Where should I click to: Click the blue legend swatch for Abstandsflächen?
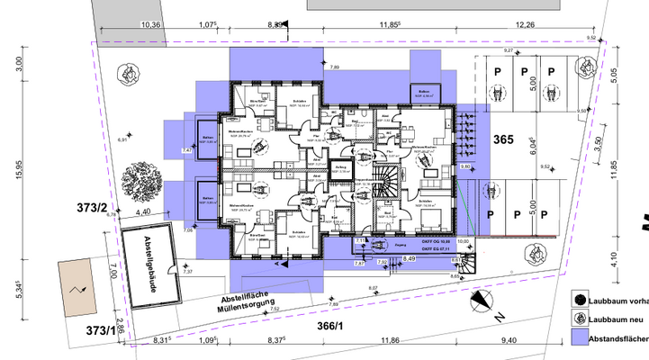click(581, 338)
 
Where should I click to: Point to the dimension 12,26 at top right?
click(546, 24)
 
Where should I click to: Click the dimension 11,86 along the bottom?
click(390, 340)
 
